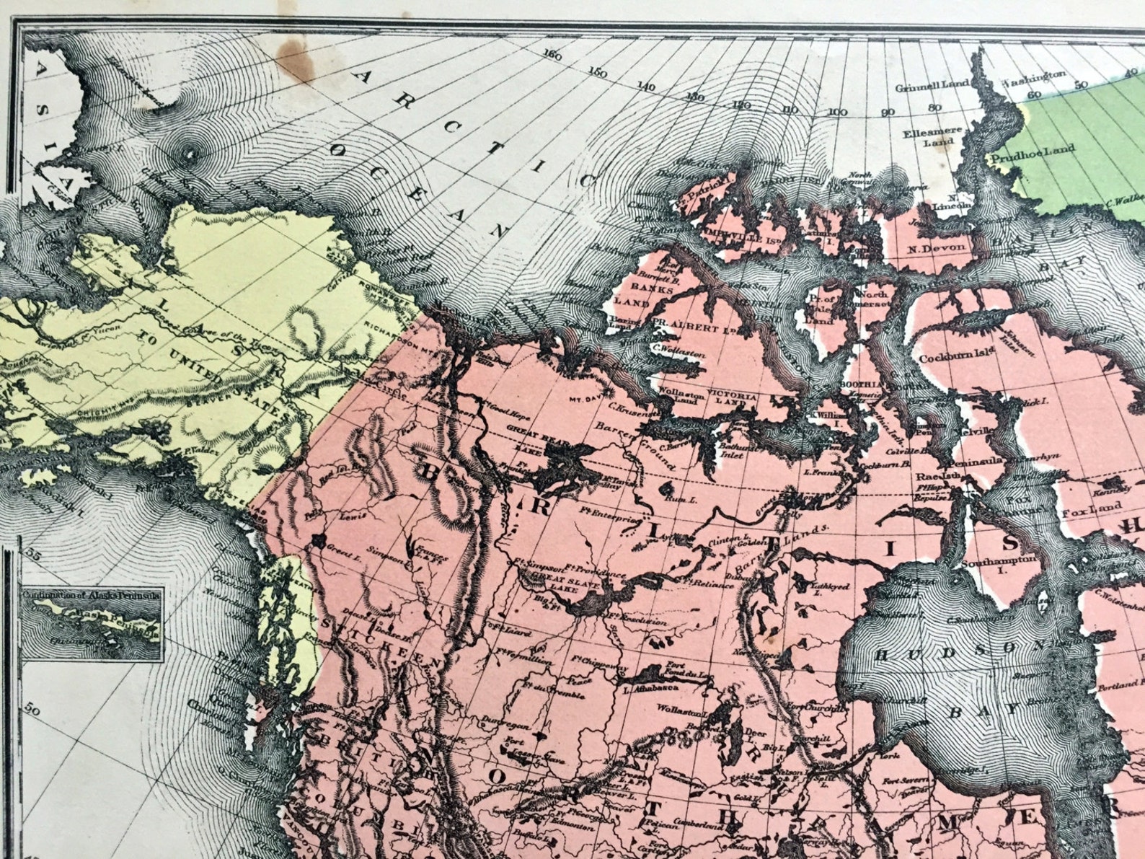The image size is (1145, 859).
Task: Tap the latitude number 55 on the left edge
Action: coord(30,552)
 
